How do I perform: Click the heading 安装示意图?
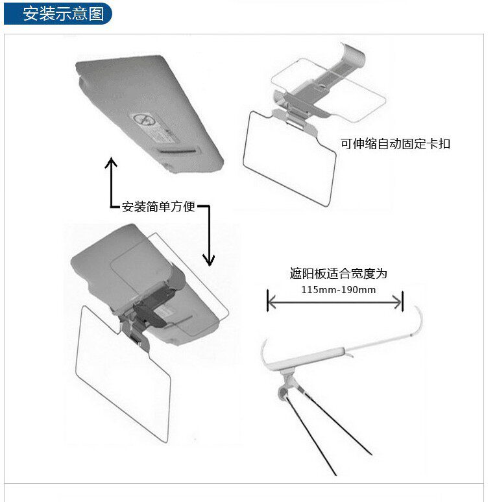coord(63,14)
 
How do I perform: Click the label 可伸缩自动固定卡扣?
coord(395,144)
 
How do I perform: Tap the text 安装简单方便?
coord(159,207)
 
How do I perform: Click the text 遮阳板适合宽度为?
coord(338,274)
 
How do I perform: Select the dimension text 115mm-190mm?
coord(338,289)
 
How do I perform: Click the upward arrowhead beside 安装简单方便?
coord(111,162)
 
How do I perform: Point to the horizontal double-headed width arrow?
coord(335,302)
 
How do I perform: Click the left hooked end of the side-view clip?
coord(265,354)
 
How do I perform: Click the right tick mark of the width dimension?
coord(403,302)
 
